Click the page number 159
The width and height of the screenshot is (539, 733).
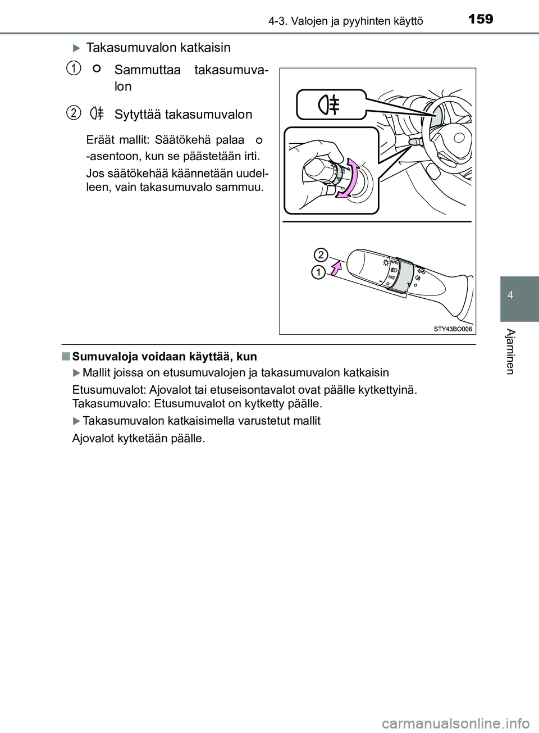tap(479, 19)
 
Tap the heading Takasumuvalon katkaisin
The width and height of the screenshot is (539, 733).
tap(158, 48)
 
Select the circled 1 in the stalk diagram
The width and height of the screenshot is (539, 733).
tap(318, 273)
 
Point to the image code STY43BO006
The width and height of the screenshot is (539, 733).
tap(453, 329)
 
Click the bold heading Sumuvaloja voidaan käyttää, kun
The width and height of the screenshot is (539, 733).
tap(165, 356)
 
